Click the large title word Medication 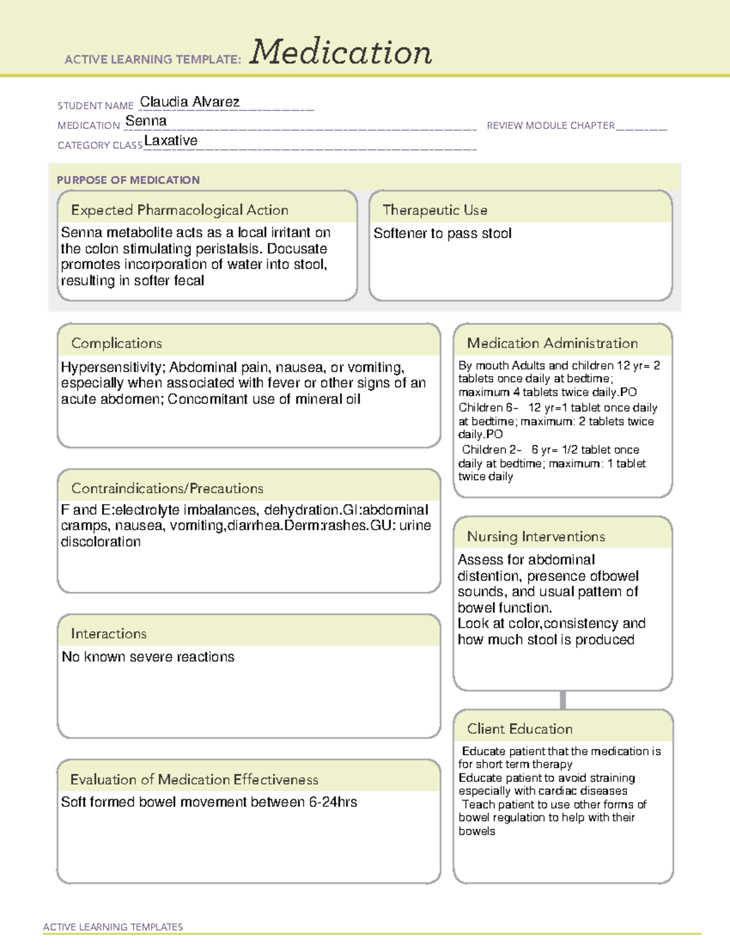pyautogui.click(x=341, y=52)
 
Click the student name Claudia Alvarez pyautogui.click(x=189, y=102)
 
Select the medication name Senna pyautogui.click(x=146, y=121)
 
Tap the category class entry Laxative pyautogui.click(x=171, y=141)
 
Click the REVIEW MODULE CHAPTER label pyautogui.click(x=551, y=125)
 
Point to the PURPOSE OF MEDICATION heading pyautogui.click(x=128, y=180)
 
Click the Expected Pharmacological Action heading pyautogui.click(x=179, y=210)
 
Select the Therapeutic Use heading pyautogui.click(x=435, y=210)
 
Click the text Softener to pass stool pyautogui.click(x=442, y=234)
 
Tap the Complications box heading pyautogui.click(x=117, y=343)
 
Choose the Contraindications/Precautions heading pyautogui.click(x=167, y=488)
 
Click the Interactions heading pyautogui.click(x=109, y=633)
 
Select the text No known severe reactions pyautogui.click(x=148, y=657)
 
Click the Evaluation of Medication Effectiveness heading pyautogui.click(x=194, y=779)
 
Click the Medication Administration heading pyautogui.click(x=552, y=343)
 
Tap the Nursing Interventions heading pyautogui.click(x=536, y=537)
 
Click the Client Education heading pyautogui.click(x=520, y=729)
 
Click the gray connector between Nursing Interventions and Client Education pyautogui.click(x=563, y=700)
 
